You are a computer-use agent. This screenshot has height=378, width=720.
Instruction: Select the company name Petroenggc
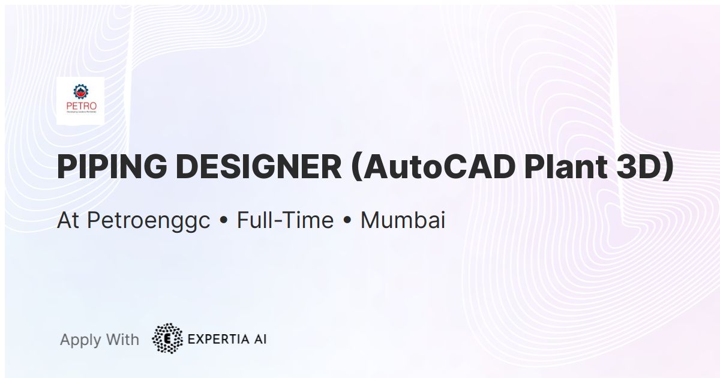pos(149,221)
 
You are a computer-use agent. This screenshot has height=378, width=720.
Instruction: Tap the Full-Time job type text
pos(285,221)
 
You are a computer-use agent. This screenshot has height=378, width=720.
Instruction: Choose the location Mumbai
pos(403,221)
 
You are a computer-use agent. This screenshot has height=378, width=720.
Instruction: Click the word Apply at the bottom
pos(80,340)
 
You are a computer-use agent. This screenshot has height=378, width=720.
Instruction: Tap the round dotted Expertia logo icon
pos(168,339)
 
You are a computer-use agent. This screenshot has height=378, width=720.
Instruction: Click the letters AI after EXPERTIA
pos(260,339)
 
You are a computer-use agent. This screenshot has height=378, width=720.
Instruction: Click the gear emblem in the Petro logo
pos(80,92)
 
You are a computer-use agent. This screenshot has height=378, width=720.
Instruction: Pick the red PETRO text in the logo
pos(80,108)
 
